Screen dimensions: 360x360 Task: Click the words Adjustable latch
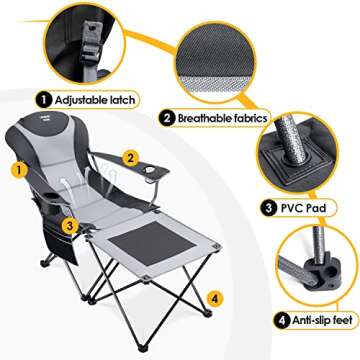[x=86, y=100]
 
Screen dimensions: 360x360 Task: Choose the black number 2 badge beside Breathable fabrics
[x=165, y=117]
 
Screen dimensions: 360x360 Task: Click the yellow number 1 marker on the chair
[x=16, y=170]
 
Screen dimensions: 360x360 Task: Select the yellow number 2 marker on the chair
[x=129, y=157]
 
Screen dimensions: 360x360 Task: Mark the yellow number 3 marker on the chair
[x=66, y=224]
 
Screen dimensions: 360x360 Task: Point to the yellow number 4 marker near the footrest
[x=213, y=297]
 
